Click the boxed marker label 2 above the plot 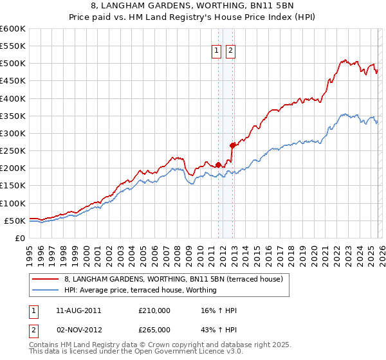230,52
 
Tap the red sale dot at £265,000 232,145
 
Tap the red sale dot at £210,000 218,165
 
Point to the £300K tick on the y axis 13,133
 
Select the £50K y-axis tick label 15,221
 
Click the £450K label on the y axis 13,81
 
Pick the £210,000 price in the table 154,310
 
